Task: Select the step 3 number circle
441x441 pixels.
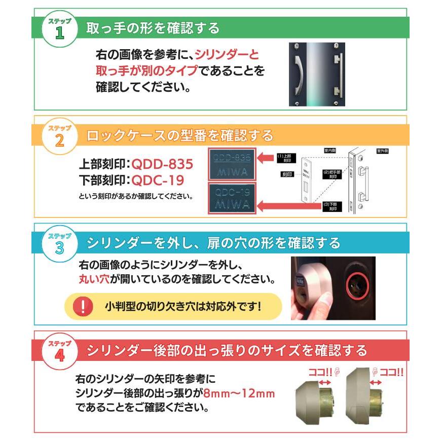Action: (59, 245)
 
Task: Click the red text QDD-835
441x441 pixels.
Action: (162, 165)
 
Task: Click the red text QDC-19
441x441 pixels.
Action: (157, 180)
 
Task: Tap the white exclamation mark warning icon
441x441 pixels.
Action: (84, 306)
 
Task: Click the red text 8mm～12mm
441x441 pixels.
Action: (238, 393)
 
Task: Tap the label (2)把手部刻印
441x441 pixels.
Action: (333, 175)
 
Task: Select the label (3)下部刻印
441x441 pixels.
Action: (333, 206)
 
